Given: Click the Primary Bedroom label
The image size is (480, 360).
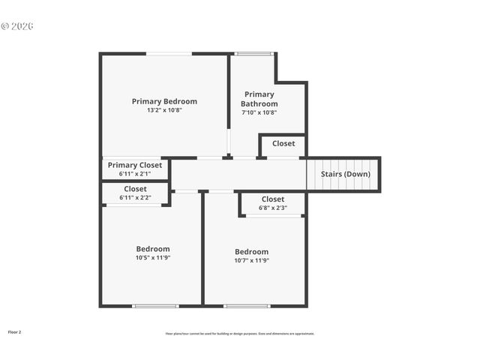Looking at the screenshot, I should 164,101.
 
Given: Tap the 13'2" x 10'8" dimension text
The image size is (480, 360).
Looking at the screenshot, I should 164,110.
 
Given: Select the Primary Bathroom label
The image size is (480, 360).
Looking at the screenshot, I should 259,99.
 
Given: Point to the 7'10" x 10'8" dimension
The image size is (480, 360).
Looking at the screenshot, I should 259,112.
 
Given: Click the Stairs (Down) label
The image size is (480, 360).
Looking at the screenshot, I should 345,174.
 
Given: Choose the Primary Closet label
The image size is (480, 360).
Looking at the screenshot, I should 135,165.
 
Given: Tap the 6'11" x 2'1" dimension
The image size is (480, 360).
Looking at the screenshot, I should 135,174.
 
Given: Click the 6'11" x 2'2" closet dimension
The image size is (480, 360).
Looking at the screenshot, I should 135,198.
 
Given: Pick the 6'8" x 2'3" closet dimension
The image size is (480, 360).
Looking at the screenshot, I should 273,208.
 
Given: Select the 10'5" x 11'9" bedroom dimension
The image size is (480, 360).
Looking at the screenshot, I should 153,258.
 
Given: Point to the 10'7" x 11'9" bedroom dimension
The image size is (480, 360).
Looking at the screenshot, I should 252,261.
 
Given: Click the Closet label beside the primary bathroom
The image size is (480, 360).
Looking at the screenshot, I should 283,143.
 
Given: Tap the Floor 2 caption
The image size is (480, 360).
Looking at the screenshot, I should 15,331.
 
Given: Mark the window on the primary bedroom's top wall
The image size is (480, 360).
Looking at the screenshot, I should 169,53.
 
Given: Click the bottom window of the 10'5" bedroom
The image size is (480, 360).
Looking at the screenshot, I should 155,306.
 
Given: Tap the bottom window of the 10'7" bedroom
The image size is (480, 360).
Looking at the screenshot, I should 247,306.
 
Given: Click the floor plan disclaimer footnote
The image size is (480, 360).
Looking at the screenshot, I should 240,334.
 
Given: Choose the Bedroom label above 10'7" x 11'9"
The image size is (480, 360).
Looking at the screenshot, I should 252,252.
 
